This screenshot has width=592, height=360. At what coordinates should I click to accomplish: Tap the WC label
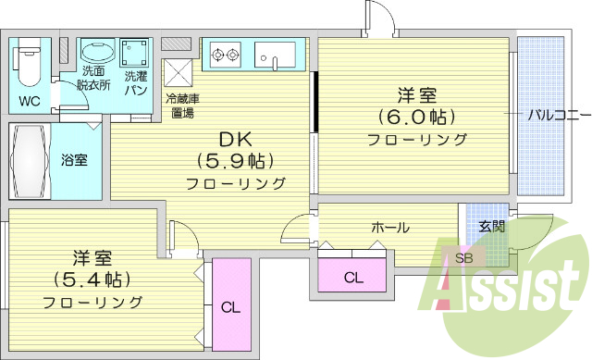[x=29, y=100]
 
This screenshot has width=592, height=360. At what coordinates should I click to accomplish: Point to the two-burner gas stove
[x=224, y=54]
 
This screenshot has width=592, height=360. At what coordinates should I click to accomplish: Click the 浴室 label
[x=75, y=160]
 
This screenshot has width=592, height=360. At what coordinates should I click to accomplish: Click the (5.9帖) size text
[x=235, y=159]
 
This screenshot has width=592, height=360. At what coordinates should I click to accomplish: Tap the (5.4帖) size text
[x=92, y=279]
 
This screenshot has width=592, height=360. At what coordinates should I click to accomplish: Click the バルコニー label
[x=558, y=116]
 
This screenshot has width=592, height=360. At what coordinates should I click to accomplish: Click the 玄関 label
[x=491, y=226]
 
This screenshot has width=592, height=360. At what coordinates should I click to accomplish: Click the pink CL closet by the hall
[x=353, y=277]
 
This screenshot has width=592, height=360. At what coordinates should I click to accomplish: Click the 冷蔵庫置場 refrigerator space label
[x=180, y=106]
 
